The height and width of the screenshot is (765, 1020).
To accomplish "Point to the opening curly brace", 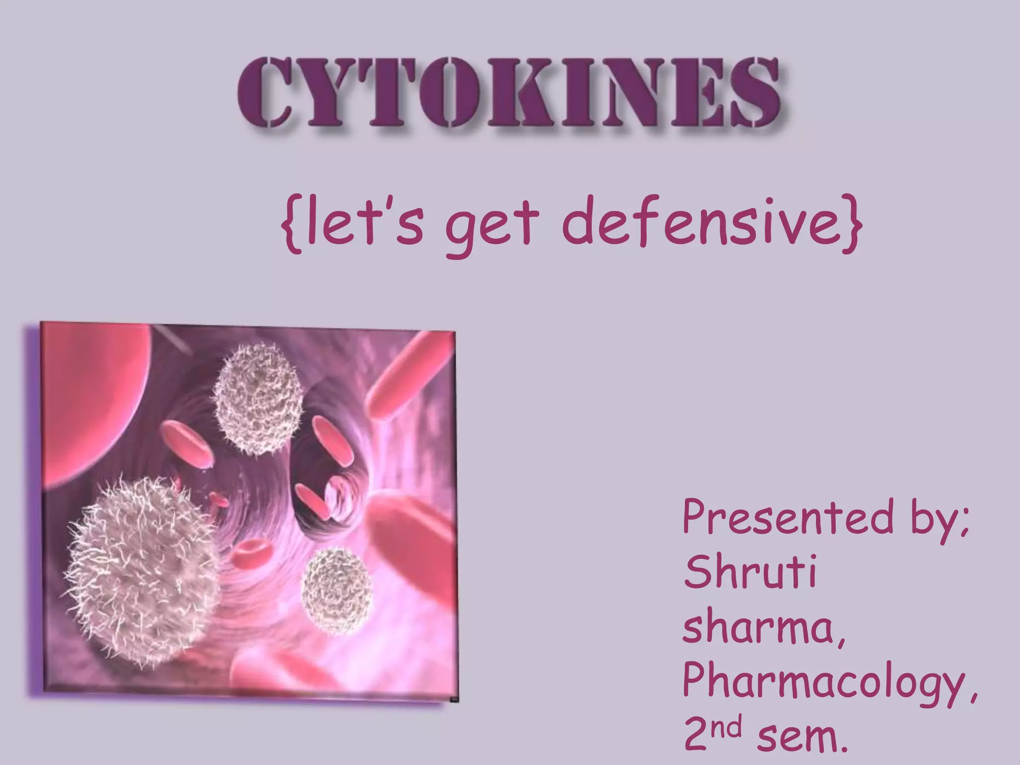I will (x=291, y=224).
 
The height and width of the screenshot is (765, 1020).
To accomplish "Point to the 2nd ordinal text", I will (x=712, y=735).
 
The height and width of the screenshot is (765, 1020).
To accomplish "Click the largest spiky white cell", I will (x=142, y=568).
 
